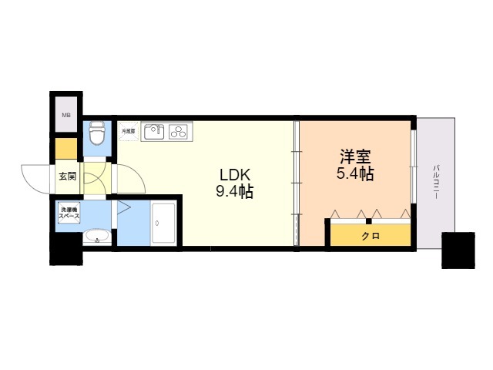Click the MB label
coord(66,116)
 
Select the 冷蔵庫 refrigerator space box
coord(128,132)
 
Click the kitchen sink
coord(154,132)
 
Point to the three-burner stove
coord(179,132)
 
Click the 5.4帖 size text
coord(354,173)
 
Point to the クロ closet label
coord(371,235)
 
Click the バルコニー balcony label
coord(436,182)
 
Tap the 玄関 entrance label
coord(67,177)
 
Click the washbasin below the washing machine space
coord(97,237)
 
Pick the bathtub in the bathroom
coord(163,224)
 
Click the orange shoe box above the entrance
coord(66,147)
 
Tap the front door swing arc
coord(37,179)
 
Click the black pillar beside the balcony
coord(458,250)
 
